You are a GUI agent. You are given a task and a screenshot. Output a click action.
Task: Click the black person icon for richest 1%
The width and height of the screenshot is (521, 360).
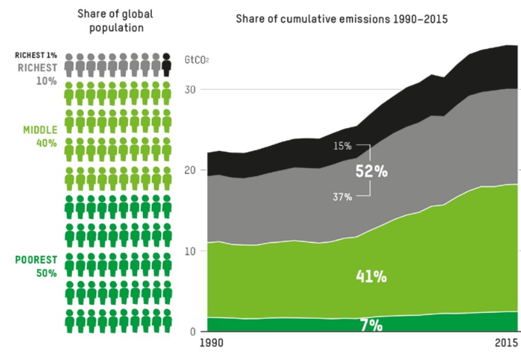point(167,65)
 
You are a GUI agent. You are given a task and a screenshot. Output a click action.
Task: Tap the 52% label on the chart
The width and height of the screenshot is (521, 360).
point(372,171)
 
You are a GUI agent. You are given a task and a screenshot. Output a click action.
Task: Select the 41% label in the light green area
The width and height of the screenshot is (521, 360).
point(371,276)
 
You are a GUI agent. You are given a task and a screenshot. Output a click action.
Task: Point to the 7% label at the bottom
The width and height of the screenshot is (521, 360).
point(372,325)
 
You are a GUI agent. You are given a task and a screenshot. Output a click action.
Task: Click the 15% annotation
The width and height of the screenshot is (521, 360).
point(342,146)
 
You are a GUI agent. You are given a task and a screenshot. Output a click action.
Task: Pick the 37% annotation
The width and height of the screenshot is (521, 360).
point(342,197)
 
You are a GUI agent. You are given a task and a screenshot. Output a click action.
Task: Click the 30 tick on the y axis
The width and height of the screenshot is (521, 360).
point(190,90)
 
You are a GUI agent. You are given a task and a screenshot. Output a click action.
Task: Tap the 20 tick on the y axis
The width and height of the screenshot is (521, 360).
point(190,170)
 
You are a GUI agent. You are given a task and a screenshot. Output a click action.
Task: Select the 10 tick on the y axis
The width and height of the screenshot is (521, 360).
point(190,251)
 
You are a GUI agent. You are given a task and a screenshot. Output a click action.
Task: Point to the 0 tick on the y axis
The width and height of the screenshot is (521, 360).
point(193,332)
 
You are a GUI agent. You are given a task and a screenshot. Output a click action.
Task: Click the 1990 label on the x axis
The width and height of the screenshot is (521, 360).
point(211,343)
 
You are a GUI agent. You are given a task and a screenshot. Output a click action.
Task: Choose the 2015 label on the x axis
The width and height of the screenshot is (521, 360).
point(506,343)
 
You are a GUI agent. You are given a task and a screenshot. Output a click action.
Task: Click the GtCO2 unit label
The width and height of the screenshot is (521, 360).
point(197,60)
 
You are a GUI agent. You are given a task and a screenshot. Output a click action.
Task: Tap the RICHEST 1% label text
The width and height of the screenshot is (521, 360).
point(36,55)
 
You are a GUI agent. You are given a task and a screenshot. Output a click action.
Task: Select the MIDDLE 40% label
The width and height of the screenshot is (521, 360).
point(40,136)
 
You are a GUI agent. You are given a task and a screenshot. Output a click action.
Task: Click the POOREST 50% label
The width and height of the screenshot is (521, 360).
point(36,266)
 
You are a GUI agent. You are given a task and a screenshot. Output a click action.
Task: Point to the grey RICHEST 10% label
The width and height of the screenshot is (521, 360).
point(37,74)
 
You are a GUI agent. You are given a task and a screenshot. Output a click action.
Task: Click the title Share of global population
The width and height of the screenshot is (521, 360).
point(115,21)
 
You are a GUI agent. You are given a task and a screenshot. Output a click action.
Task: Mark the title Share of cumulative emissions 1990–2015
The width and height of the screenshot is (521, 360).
point(341,19)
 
